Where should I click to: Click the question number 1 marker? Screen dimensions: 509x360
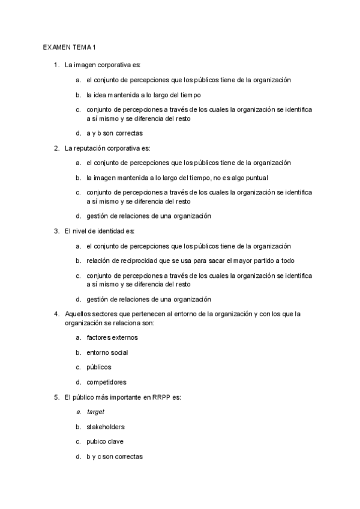click(x=56, y=65)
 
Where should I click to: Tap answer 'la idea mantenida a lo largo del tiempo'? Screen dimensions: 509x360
click(x=143, y=95)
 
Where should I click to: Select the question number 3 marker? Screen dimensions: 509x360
click(x=56, y=231)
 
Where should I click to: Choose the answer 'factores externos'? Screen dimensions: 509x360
click(x=112, y=337)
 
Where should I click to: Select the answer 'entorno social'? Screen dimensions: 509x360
click(x=107, y=352)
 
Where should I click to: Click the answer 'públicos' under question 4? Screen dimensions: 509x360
click(x=98, y=367)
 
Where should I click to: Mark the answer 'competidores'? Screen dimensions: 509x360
click(x=106, y=382)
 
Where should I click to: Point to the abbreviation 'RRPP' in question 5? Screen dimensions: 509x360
click(x=155, y=397)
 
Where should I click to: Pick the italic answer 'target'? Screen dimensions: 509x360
click(x=95, y=412)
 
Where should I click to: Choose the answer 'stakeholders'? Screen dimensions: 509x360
click(x=106, y=427)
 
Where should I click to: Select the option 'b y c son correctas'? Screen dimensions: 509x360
click(x=115, y=457)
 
